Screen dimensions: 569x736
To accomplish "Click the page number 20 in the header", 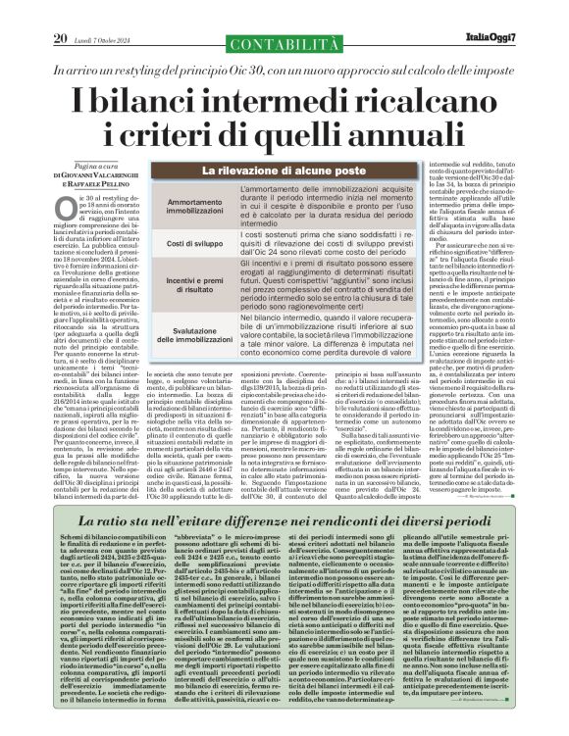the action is click(61, 11).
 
